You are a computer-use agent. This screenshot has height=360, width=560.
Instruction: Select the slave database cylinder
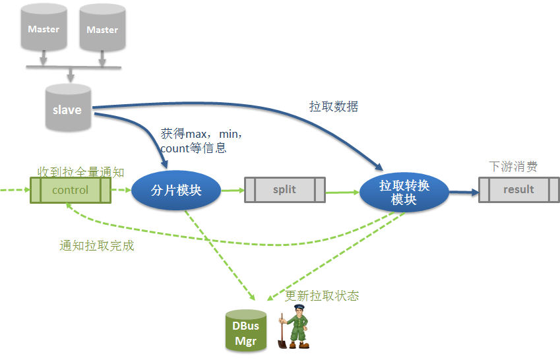[x=67, y=109]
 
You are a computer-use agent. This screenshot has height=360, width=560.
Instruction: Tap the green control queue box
[x=70, y=190]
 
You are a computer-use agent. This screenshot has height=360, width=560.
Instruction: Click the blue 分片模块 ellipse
[x=176, y=191]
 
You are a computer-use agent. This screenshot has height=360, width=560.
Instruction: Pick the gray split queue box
[x=284, y=190]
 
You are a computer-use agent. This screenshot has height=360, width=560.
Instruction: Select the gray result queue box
[x=518, y=190]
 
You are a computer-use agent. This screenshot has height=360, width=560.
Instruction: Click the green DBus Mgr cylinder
[x=246, y=332]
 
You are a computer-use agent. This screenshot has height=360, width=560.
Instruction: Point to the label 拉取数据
[x=334, y=106]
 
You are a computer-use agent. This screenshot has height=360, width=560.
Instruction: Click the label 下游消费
[x=513, y=166]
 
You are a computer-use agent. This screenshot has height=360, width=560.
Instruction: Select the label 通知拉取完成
[x=96, y=246]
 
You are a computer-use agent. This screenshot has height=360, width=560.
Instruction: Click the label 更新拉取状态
[x=322, y=295]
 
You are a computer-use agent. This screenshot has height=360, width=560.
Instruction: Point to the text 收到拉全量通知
[x=80, y=172]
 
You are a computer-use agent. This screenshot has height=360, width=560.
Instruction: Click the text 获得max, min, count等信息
[x=201, y=140]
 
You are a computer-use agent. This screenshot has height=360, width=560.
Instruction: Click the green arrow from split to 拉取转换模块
[x=342, y=192]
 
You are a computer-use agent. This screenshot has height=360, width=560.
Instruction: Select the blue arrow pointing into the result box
[x=463, y=193]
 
